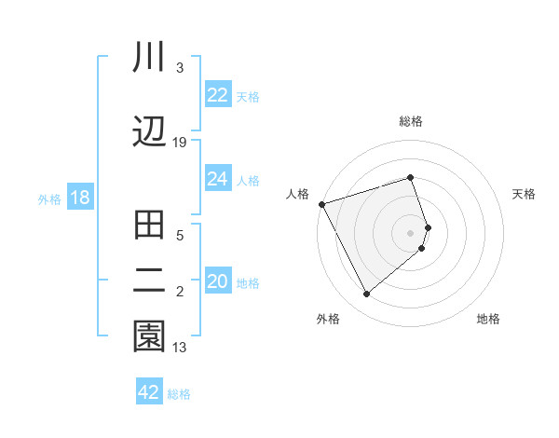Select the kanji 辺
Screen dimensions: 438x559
coord(149,131)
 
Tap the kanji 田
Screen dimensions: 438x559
coord(149,226)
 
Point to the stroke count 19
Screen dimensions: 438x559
coord(180,142)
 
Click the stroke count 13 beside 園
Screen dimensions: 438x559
coord(180,348)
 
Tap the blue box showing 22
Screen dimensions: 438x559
coord(217,95)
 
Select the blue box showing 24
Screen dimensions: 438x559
coord(217,179)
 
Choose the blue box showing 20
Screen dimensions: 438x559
coord(217,281)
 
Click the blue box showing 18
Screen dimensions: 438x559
coord(79,198)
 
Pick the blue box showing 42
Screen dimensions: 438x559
coord(149,392)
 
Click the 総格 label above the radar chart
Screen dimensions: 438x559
coord(411,121)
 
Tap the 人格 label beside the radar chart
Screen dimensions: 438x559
coord(297,194)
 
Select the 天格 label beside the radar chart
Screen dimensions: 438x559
coord(525,194)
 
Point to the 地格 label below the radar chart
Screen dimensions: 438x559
coord(488,320)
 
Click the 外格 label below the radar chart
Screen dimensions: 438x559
coord(328,320)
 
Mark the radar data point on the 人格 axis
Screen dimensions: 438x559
coord(321,203)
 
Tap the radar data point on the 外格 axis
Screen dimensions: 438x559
coord(366,294)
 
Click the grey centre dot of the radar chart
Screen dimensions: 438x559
coord(411,232)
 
